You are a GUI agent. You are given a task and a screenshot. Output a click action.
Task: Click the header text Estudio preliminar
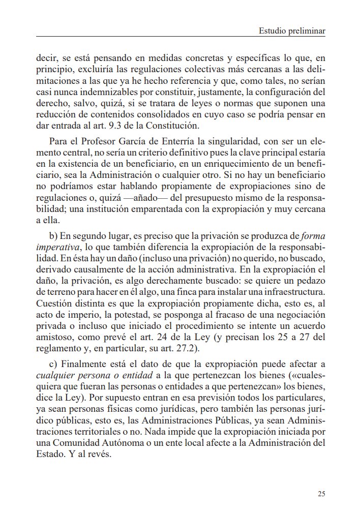pos(292,31)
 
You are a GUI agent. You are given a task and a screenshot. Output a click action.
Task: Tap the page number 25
pos(321,493)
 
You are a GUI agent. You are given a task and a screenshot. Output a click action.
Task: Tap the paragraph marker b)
pos(54,235)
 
